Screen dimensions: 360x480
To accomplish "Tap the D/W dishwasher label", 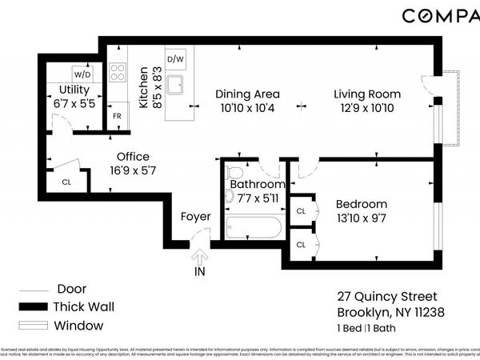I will point(175,59).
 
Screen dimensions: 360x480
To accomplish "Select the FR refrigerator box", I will point(116,116).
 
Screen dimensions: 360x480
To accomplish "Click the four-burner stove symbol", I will point(117,73).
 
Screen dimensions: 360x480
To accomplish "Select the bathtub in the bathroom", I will point(254,227).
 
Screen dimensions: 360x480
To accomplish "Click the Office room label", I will point(133,157).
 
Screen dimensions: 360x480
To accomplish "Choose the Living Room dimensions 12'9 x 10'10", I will point(367,108).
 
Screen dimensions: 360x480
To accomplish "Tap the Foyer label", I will point(194,215).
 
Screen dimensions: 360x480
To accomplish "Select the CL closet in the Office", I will point(66,180).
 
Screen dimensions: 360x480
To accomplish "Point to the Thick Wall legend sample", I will point(34,307).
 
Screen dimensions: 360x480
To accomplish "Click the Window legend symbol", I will point(34,326).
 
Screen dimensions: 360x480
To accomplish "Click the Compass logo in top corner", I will point(440,16).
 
